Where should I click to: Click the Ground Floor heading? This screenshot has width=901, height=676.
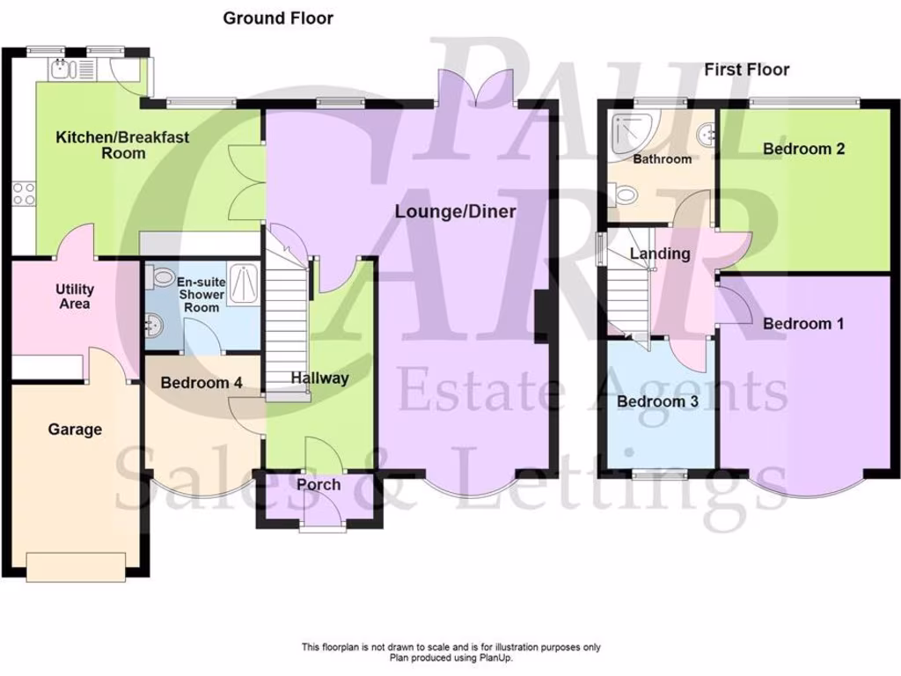pos(277,18)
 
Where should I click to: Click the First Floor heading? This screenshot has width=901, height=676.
pos(747,70)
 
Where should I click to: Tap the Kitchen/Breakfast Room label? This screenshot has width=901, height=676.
pos(122,144)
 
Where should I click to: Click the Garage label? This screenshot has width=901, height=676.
pos(75,430)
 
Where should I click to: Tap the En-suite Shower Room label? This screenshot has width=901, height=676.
pos(200,295)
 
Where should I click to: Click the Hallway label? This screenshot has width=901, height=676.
pos(320,378)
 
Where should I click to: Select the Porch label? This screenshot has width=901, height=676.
pos(318,485)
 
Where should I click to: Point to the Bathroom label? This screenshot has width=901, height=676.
pos(662,159)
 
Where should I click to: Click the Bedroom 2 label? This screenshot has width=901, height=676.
pos(803,149)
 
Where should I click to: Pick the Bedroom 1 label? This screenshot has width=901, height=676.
pos(803,324)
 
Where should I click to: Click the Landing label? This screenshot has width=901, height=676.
pos(660,253)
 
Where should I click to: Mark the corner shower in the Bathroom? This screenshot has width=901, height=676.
pos(626,128)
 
